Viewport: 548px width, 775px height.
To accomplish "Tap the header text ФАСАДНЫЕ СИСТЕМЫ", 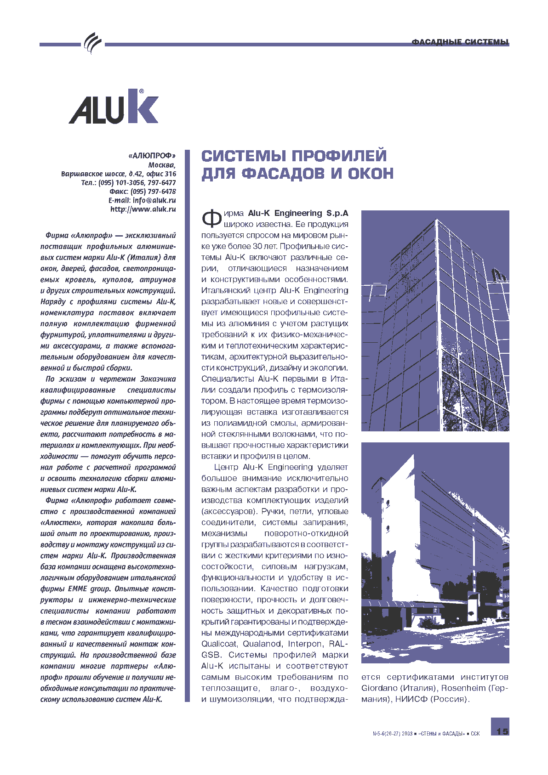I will click(460, 42).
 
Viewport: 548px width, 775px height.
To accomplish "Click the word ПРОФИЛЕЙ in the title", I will click(340, 156).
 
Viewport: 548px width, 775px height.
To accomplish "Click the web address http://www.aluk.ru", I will click(143, 209).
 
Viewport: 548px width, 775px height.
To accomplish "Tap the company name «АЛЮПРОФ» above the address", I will click(152, 156).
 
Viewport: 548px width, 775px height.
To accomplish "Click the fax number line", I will click(143, 191).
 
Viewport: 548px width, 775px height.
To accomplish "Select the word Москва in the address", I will click(161, 165).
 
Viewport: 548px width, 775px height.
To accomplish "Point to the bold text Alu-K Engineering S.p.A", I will click(298, 213).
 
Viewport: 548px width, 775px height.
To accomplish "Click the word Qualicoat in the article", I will click(219, 644).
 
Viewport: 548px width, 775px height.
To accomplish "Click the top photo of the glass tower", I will click(435, 321).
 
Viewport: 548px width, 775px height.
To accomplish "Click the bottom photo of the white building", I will click(435, 552).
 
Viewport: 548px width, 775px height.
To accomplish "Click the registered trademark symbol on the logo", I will click(141, 91).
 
